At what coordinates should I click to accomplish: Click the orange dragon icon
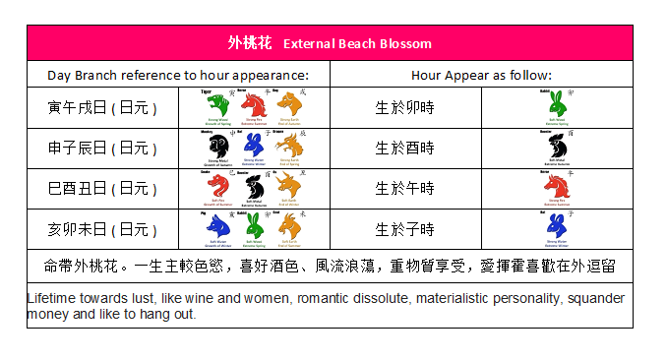(x=290, y=146)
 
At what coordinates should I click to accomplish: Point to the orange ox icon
(x=290, y=187)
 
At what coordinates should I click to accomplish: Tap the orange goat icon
(x=290, y=227)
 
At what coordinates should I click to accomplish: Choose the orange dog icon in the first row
(x=290, y=104)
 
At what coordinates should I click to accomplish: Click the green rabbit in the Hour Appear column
(x=557, y=104)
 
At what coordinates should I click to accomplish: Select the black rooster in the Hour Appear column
(x=557, y=146)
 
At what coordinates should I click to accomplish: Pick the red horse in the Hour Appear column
(x=557, y=187)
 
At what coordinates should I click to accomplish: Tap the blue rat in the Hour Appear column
(x=557, y=227)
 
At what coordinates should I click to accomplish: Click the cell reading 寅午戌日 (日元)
(x=102, y=106)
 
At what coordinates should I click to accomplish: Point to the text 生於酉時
(x=404, y=148)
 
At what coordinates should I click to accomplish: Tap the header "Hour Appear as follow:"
(x=480, y=75)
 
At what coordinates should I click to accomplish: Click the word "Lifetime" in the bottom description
(x=54, y=297)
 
